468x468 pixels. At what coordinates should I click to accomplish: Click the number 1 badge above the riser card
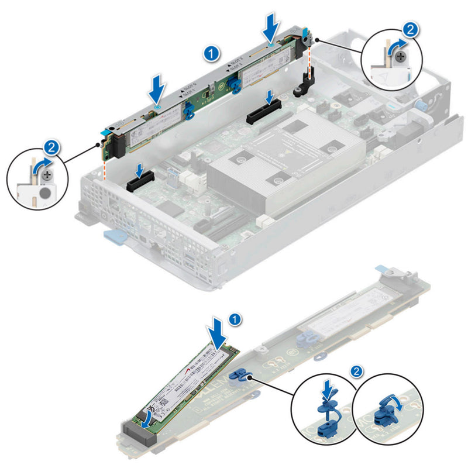[x=213, y=53]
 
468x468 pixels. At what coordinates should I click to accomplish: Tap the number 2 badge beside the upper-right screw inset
[x=411, y=29]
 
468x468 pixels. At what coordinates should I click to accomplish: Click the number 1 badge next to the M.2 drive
[x=235, y=319]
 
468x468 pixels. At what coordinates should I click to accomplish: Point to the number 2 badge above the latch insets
[x=355, y=371]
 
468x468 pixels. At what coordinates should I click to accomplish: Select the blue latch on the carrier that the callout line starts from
[x=238, y=377]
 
